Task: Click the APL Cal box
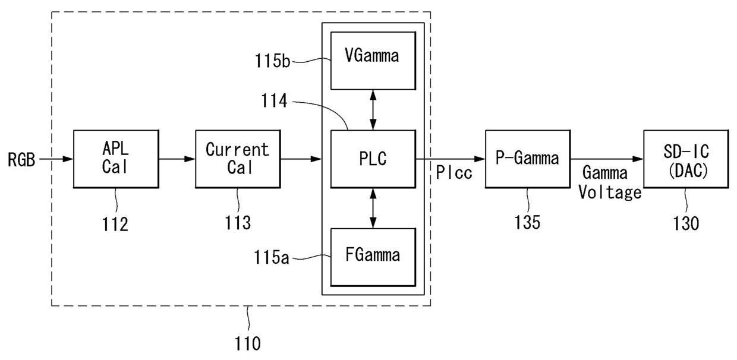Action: pos(116,159)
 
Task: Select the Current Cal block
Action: pos(238,159)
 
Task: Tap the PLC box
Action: pos(373,159)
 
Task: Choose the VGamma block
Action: pos(373,61)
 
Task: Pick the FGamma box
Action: pos(373,257)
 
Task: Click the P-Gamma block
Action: pos(528,159)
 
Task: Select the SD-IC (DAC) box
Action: pos(686,159)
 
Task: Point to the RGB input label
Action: pos(21,160)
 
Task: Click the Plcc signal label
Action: pos(454,172)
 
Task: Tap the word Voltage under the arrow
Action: pos(610,192)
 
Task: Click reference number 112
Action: pos(115,225)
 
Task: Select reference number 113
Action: pos(238,223)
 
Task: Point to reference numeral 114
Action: pos(274,100)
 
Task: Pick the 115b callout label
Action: pos(273,61)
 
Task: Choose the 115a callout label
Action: pos(272,257)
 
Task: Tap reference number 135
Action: pos(527,222)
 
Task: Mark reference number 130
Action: pos(686,224)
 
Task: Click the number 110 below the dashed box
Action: pos(247,344)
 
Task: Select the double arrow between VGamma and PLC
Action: pos(373,110)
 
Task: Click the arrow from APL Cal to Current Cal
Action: pos(177,159)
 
